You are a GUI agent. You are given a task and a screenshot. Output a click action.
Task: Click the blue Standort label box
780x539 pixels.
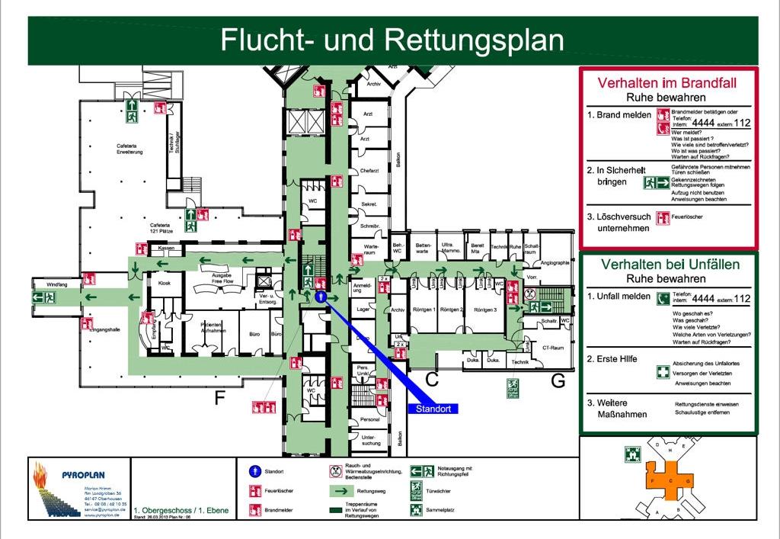(x=434, y=409)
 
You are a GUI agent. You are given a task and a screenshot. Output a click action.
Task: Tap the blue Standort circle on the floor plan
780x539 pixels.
(x=321, y=296)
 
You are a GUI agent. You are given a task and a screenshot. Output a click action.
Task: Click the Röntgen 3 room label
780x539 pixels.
(x=485, y=310)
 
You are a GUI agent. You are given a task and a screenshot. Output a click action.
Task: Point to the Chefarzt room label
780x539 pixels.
(x=369, y=171)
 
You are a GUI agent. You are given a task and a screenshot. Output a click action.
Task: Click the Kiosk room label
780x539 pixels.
(x=164, y=283)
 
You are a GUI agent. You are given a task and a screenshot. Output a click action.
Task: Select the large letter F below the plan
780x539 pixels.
(x=220, y=397)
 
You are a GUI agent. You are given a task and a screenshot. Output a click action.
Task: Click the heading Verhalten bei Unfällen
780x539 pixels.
(x=670, y=265)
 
